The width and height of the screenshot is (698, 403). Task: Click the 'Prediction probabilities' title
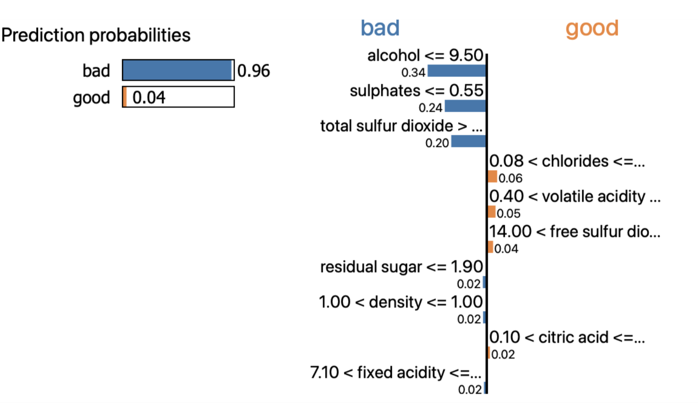(x=96, y=35)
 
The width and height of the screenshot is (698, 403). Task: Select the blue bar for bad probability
(x=177, y=71)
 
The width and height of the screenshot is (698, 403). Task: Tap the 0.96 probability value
(x=254, y=71)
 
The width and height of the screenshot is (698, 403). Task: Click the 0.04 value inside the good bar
(x=149, y=97)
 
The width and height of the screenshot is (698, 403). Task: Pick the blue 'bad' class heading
(x=380, y=28)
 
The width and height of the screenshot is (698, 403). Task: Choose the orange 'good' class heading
(x=592, y=28)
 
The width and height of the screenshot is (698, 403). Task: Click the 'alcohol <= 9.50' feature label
(x=425, y=55)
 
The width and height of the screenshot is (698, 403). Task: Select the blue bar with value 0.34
(x=456, y=71)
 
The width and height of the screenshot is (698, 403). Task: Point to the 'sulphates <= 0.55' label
(x=416, y=91)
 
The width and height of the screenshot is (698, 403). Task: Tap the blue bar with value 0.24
(x=465, y=106)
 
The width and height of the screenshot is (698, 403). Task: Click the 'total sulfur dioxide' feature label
(x=401, y=126)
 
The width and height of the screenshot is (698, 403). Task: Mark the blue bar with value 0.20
(x=468, y=141)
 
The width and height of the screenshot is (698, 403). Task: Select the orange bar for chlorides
(x=493, y=177)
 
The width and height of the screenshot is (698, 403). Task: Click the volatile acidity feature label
(x=575, y=196)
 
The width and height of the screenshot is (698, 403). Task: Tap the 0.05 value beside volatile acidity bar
(x=509, y=213)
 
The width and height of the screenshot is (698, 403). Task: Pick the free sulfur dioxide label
(x=575, y=232)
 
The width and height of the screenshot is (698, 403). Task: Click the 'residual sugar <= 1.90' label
(x=401, y=267)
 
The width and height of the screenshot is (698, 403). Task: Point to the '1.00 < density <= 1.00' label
(x=400, y=302)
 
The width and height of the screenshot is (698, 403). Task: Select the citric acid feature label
(x=567, y=337)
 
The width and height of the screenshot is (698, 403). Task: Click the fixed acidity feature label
(x=396, y=373)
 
